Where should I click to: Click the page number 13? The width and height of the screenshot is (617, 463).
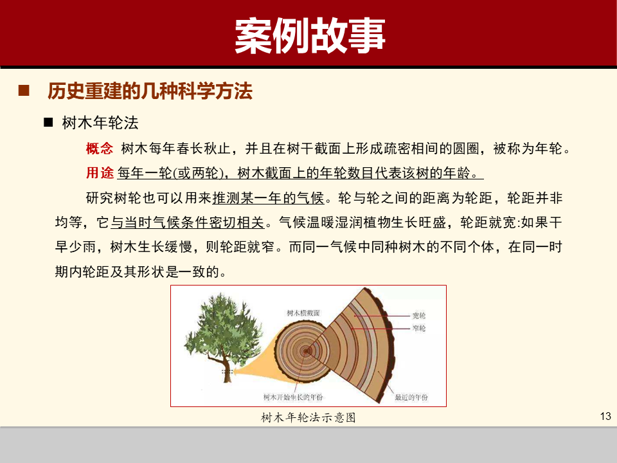click(604, 416)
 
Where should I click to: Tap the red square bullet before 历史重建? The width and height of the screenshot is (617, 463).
click(24, 91)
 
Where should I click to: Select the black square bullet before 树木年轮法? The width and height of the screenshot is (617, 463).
click(48, 122)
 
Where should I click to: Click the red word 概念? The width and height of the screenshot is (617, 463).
click(99, 149)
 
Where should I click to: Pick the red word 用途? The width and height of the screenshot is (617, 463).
click(99, 173)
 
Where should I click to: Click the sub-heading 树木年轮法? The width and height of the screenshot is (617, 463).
click(100, 122)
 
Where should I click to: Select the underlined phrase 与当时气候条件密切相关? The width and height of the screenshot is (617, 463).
click(188, 222)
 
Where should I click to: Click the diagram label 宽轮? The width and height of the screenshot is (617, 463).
click(418, 316)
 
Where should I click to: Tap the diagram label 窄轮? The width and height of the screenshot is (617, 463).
click(418, 328)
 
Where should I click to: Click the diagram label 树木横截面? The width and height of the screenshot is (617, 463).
click(303, 313)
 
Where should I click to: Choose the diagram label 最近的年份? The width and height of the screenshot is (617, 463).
click(411, 397)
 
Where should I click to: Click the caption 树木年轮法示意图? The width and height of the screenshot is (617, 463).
click(308, 418)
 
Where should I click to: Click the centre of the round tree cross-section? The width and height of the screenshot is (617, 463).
click(307, 350)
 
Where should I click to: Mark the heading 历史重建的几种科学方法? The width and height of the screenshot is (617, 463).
click(150, 91)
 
